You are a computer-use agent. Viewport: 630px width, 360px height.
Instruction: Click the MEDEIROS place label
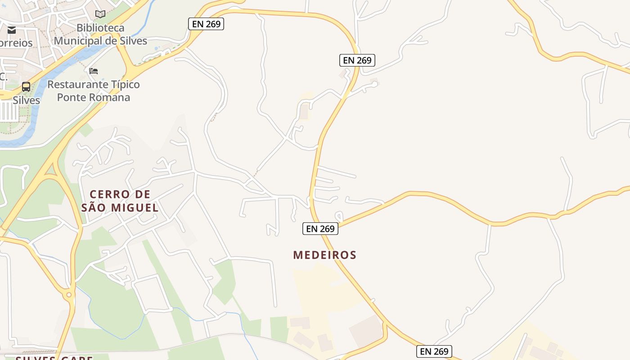[324, 255]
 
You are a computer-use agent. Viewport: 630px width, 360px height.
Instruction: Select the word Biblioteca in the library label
[100, 28]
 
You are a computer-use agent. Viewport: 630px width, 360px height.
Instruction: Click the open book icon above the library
[100, 14]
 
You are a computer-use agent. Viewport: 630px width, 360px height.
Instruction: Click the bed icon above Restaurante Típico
[94, 71]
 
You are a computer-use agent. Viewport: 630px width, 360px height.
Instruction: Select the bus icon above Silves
[26, 87]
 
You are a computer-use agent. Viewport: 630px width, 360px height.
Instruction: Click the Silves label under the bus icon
[26, 100]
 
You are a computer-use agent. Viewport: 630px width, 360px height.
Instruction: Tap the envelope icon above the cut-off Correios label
[12, 30]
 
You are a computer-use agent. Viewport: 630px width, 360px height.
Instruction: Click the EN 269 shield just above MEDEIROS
[320, 229]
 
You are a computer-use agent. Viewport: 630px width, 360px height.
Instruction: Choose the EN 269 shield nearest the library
[206, 24]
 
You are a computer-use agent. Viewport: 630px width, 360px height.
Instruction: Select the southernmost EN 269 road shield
[434, 351]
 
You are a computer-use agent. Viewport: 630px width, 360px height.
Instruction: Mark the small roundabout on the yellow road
[69, 295]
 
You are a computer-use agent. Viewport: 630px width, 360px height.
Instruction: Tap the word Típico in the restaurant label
[123, 85]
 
